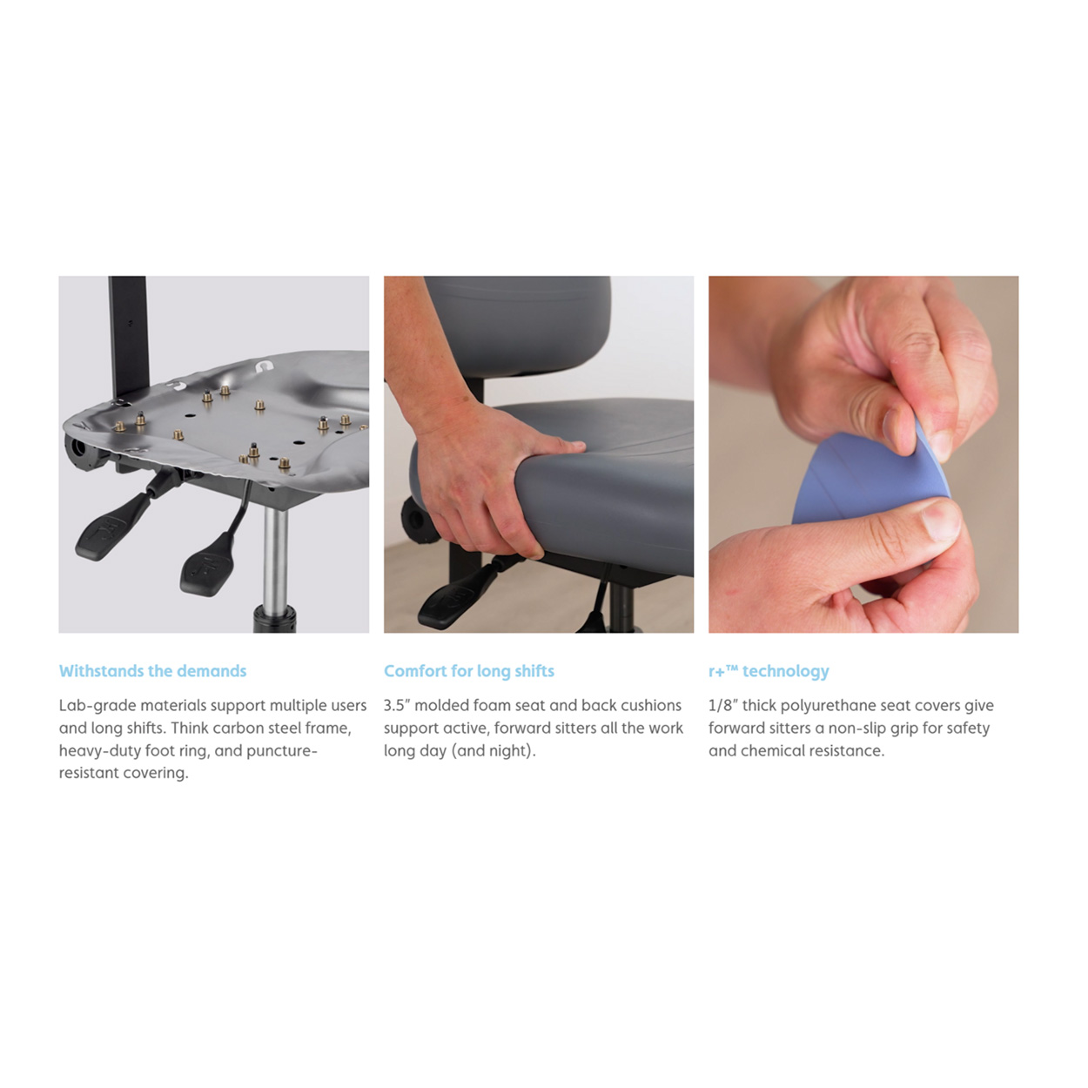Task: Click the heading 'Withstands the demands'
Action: [x=152, y=671]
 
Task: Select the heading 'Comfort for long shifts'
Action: [x=468, y=671]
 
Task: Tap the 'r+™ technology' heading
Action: [x=769, y=671]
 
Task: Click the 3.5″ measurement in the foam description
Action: [x=397, y=705]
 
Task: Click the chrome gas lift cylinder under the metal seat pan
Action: [x=276, y=560]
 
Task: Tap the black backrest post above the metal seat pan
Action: [x=129, y=335]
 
